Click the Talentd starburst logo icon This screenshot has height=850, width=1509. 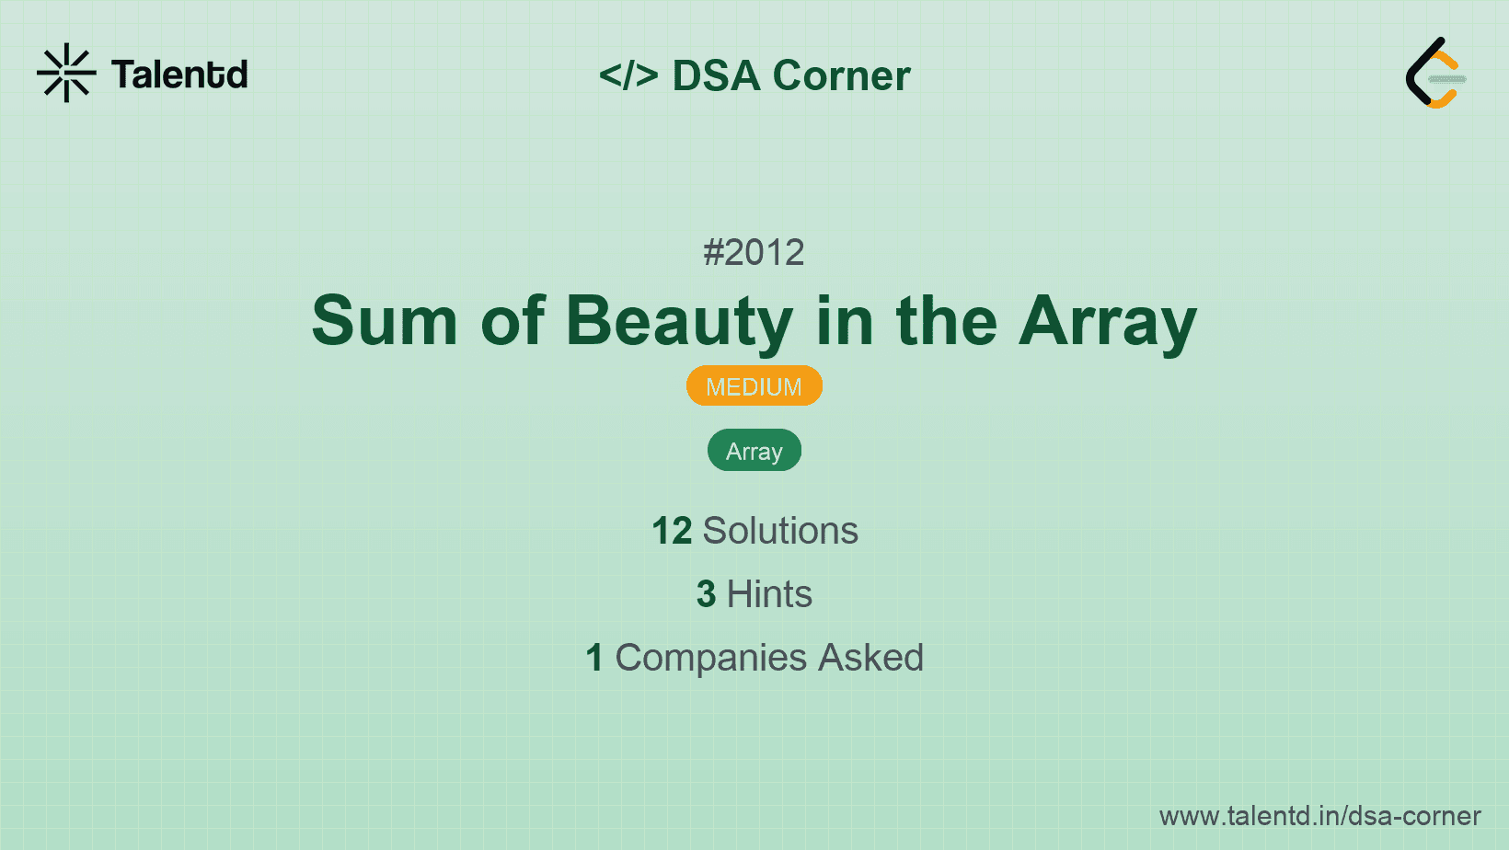(x=66, y=73)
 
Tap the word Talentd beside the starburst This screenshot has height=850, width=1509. (x=179, y=75)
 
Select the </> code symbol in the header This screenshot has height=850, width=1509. (x=628, y=75)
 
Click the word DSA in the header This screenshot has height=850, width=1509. (x=716, y=75)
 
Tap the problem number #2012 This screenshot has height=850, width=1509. (x=754, y=253)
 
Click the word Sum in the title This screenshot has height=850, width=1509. (x=385, y=321)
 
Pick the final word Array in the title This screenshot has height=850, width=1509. (x=1108, y=325)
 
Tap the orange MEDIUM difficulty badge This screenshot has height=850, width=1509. (x=754, y=386)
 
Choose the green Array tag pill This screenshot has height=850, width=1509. (x=754, y=450)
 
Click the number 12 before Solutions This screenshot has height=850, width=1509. (x=672, y=531)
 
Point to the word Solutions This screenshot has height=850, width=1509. (x=781, y=531)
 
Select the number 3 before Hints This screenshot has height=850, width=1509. (x=706, y=594)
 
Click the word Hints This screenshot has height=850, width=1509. (x=769, y=594)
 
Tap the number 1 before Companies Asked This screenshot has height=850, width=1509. (x=594, y=658)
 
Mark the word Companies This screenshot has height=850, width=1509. (x=711, y=658)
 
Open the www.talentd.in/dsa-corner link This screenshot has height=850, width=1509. (x=1319, y=816)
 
